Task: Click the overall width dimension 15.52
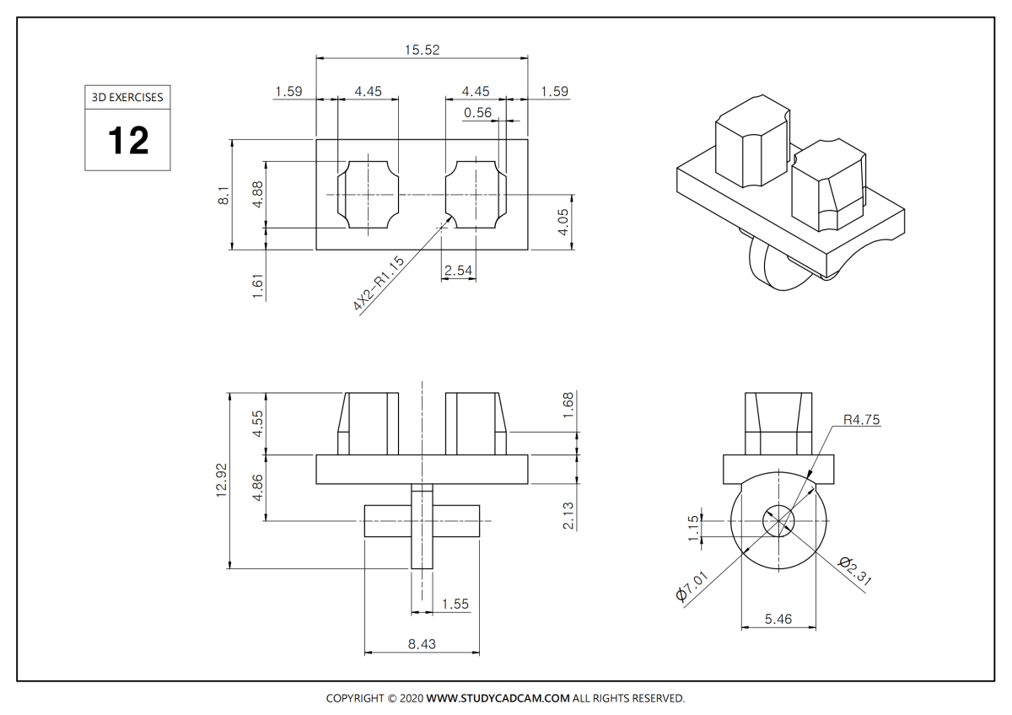(422, 50)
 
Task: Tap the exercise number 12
(127, 140)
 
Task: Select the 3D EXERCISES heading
(127, 97)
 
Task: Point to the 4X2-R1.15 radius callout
(379, 283)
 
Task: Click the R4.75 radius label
(862, 419)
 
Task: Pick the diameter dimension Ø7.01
(694, 583)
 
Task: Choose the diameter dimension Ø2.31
(855, 573)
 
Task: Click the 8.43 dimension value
(422, 644)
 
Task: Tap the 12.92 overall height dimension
(223, 480)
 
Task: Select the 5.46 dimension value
(778, 619)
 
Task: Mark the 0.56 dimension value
(477, 113)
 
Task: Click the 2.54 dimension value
(457, 270)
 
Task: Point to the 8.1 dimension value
(223, 196)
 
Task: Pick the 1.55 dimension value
(455, 604)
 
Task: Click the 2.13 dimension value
(568, 515)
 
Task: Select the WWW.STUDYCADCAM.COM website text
(498, 698)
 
